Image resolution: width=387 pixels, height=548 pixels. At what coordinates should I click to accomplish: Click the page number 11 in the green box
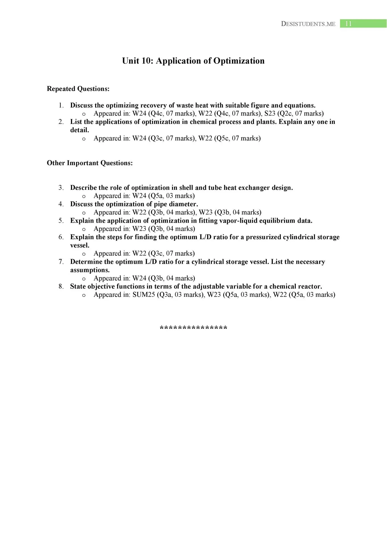click(x=348, y=24)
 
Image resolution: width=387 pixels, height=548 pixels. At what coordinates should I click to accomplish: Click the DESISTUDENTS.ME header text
click(x=308, y=24)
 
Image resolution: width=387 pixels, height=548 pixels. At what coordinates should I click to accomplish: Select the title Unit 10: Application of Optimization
click(x=193, y=61)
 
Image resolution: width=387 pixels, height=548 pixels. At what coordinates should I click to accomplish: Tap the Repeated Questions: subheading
click(x=78, y=89)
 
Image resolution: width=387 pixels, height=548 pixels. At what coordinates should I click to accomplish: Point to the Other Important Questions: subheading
click(x=90, y=163)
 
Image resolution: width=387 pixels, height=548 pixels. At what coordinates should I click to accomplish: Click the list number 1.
click(x=61, y=105)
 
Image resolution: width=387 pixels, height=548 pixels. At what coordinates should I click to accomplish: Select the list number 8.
click(x=61, y=286)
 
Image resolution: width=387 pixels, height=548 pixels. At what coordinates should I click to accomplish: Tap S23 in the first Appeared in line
click(x=270, y=113)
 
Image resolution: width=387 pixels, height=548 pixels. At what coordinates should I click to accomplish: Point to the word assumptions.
click(x=90, y=270)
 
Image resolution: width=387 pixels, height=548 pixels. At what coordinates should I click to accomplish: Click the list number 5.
click(x=61, y=221)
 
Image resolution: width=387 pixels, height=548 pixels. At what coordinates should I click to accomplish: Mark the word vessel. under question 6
click(x=80, y=245)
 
